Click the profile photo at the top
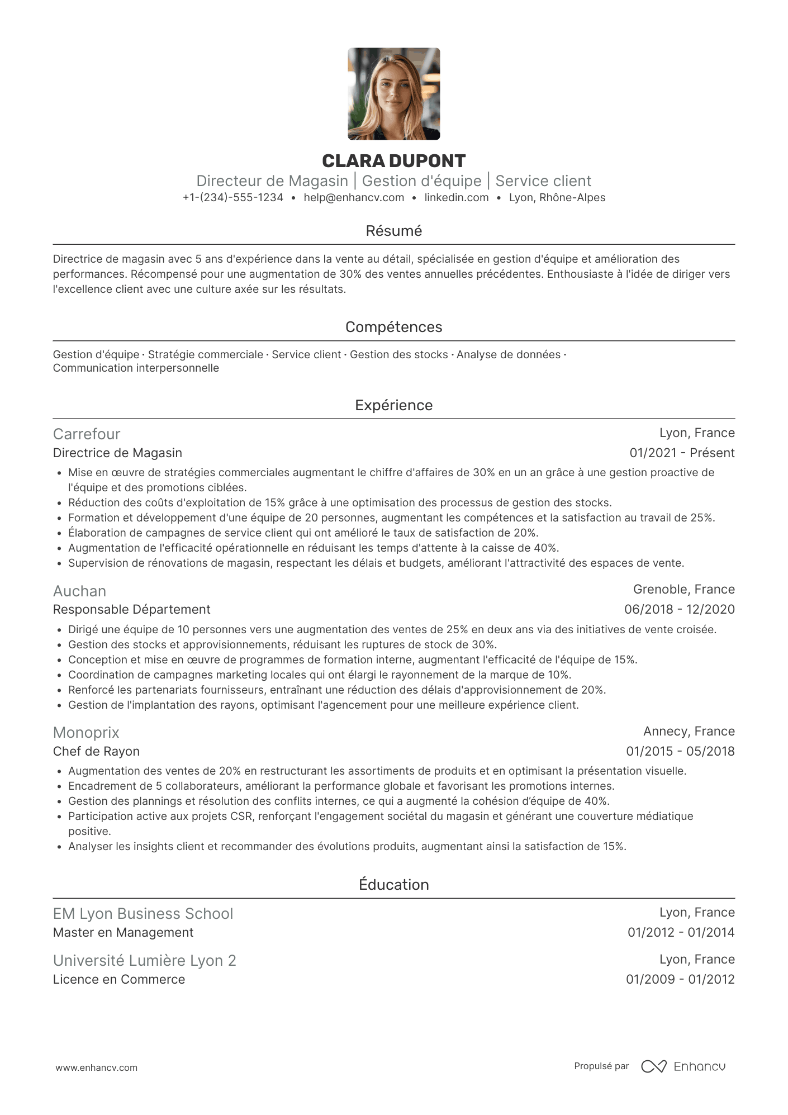tap(393, 94)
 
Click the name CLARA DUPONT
tap(393, 161)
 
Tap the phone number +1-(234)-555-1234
tap(233, 198)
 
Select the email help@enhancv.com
tap(354, 198)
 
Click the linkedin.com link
tap(456, 198)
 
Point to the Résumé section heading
tap(393, 231)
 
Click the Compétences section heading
tap(393, 327)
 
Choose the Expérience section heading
tap(393, 405)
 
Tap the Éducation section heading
tap(393, 885)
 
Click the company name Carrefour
tap(87, 434)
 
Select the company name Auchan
tap(79, 591)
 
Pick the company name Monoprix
tap(86, 733)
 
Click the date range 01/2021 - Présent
tap(682, 453)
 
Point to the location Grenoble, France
tap(683, 590)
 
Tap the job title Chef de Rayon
tap(96, 752)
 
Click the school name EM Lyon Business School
tap(143, 914)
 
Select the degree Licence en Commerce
tap(118, 980)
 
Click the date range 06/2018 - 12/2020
tap(679, 610)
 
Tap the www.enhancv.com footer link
tap(96, 1067)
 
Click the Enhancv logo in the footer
tap(683, 1066)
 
